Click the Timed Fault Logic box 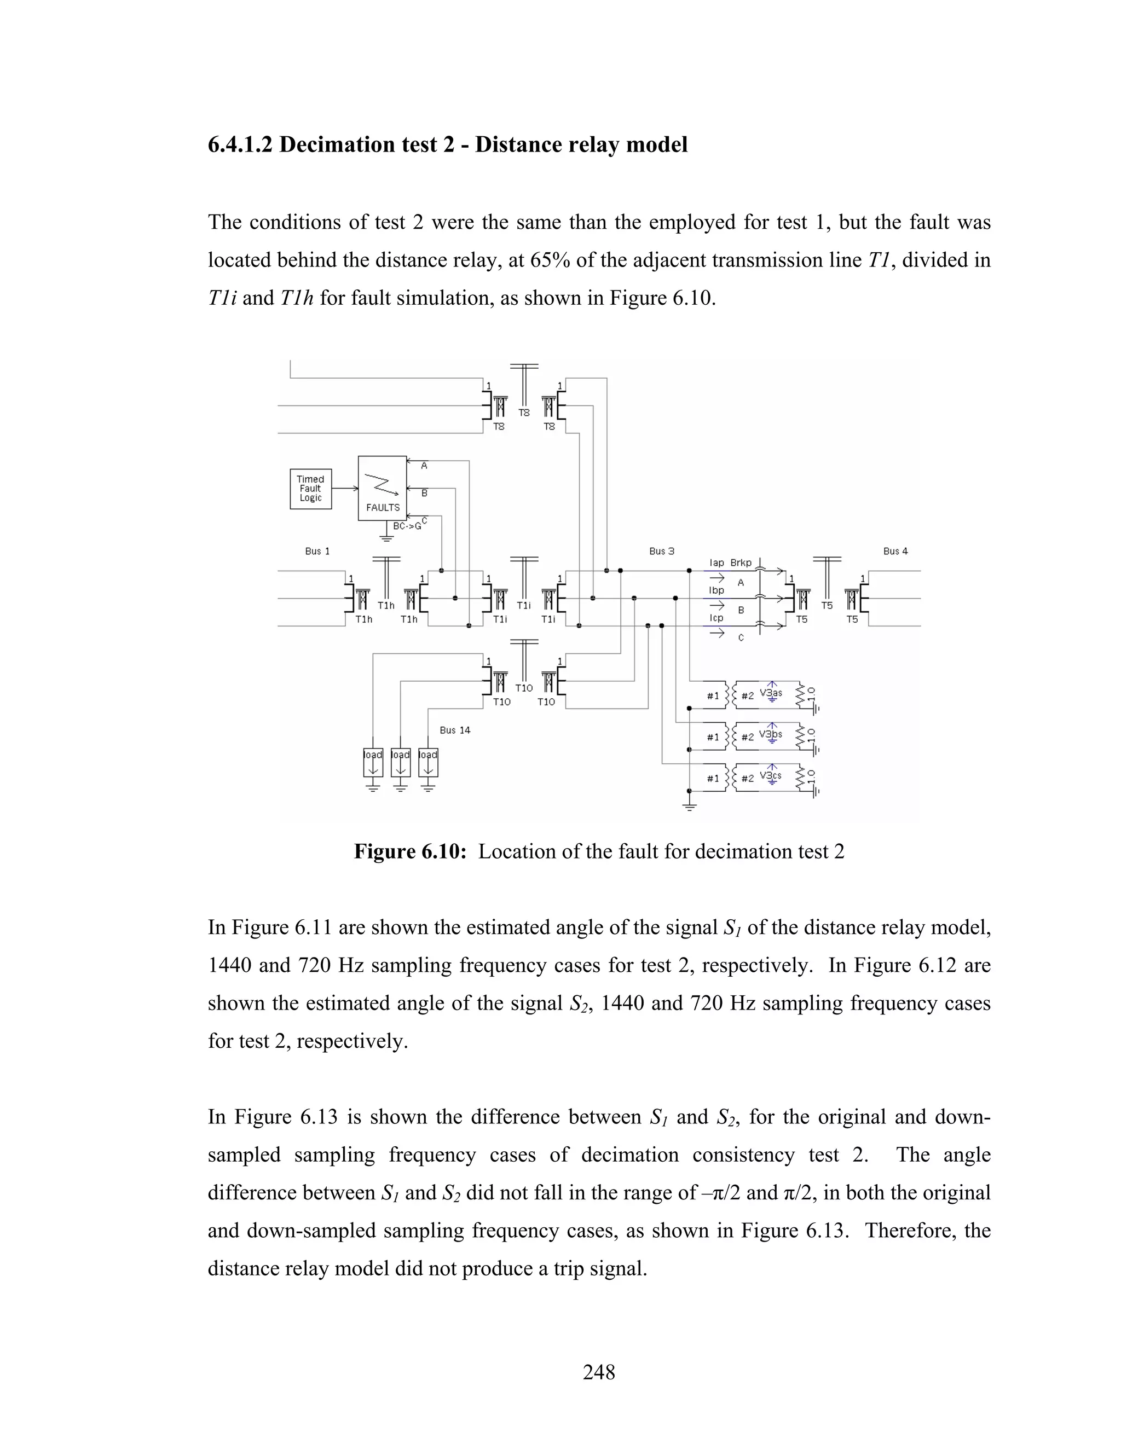click(310, 489)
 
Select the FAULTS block click(382, 488)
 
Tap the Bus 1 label click(317, 551)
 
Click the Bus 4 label click(895, 551)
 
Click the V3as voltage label click(771, 693)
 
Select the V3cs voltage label click(771, 775)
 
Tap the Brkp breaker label click(741, 563)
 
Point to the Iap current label click(716, 563)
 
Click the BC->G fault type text click(407, 526)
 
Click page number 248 click(599, 1372)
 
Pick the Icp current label click(716, 618)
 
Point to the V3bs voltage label click(771, 734)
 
